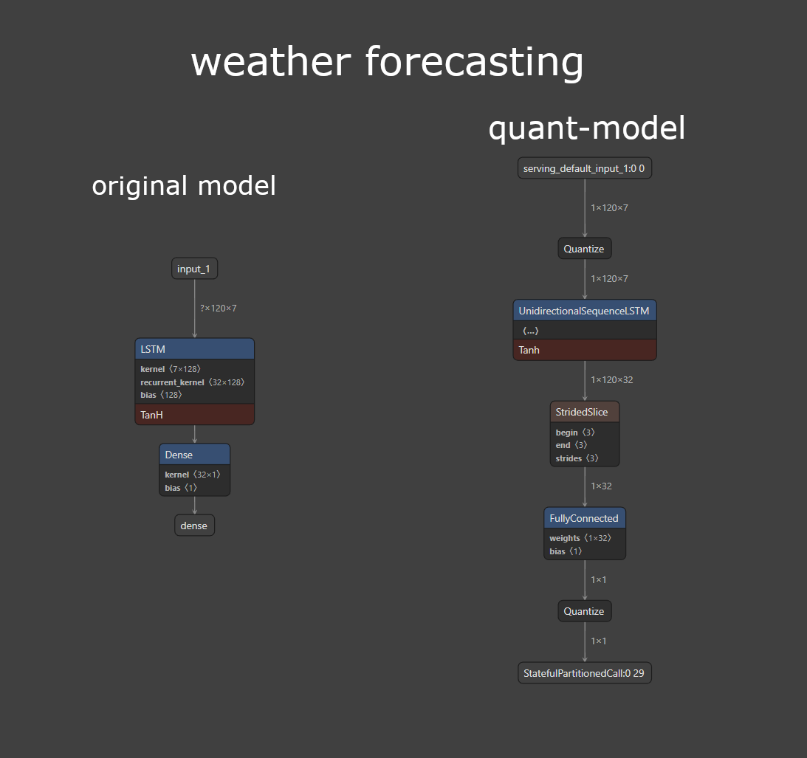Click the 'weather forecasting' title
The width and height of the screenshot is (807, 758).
pyautogui.click(x=387, y=62)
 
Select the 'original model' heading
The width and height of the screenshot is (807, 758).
pyautogui.click(x=184, y=185)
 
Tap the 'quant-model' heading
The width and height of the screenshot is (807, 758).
pyautogui.click(x=586, y=128)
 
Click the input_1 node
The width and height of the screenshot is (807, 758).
pyautogui.click(x=194, y=269)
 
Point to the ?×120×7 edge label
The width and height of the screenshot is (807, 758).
pyautogui.click(x=218, y=308)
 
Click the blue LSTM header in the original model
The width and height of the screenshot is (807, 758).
pyautogui.click(x=194, y=349)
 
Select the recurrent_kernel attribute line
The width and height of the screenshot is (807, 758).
pyautogui.click(x=192, y=382)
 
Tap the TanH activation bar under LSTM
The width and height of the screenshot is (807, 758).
pyautogui.click(x=194, y=415)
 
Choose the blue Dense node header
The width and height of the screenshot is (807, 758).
pyautogui.click(x=194, y=455)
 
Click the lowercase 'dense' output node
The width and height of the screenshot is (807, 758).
pyautogui.click(x=194, y=526)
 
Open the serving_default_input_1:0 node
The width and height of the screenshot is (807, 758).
pyautogui.click(x=584, y=168)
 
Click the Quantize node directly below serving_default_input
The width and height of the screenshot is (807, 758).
pyautogui.click(x=584, y=249)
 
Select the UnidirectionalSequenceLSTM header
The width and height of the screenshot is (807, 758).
pyautogui.click(x=584, y=311)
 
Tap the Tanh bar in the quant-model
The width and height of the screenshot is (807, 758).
pyautogui.click(x=584, y=350)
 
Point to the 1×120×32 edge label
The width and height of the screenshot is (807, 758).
pyautogui.click(x=611, y=379)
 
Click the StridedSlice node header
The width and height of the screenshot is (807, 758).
pyautogui.click(x=584, y=412)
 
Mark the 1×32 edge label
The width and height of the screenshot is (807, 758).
pyautogui.click(x=601, y=486)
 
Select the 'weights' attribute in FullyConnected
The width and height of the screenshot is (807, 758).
pyautogui.click(x=580, y=538)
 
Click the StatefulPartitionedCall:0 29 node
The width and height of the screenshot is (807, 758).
pyautogui.click(x=584, y=673)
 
